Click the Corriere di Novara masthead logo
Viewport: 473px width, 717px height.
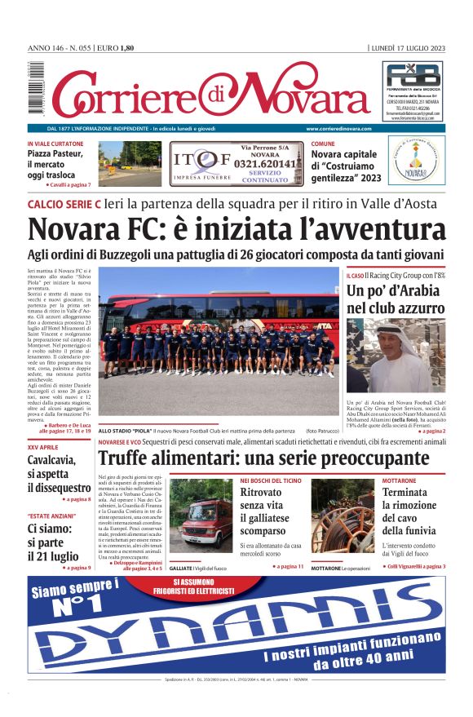[x=208, y=91]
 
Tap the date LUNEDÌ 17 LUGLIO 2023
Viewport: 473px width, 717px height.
[x=407, y=48]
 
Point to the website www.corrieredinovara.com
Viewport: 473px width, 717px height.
[x=338, y=129]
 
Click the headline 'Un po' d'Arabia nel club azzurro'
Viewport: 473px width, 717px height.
[x=396, y=299]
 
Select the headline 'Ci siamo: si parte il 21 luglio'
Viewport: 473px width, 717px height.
[x=53, y=542]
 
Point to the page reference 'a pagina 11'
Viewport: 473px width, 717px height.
[x=290, y=566]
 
